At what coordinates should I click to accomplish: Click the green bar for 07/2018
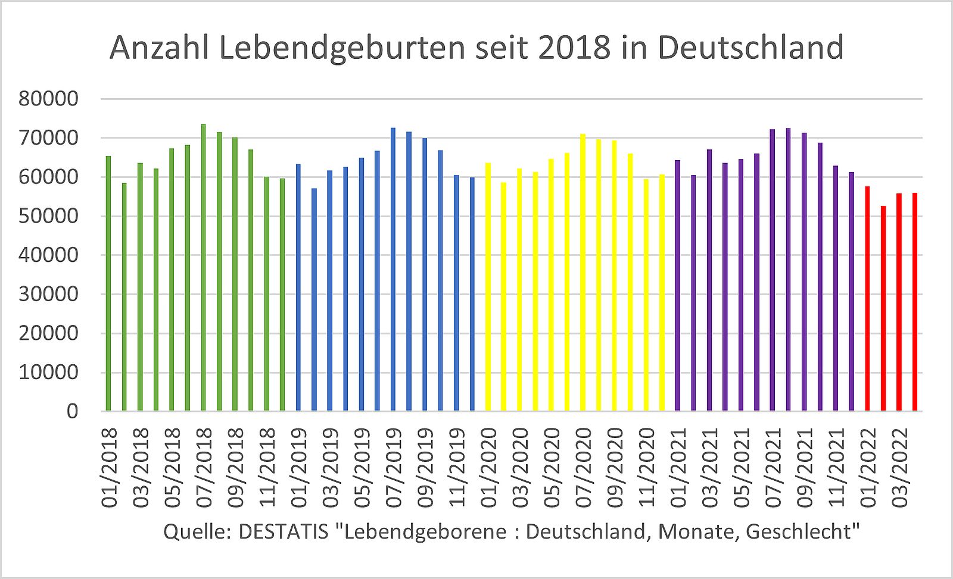coord(203,268)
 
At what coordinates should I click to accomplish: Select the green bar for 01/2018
coord(108,283)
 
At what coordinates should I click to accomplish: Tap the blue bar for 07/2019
coord(393,269)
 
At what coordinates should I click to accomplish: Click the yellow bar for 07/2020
coord(583,273)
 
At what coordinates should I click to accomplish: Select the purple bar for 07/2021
coord(773,270)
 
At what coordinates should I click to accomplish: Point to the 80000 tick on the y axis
coord(48,99)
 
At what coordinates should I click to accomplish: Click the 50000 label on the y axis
coord(48,216)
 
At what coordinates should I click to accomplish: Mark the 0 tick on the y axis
coord(72,411)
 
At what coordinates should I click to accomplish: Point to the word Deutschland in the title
coord(750,48)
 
